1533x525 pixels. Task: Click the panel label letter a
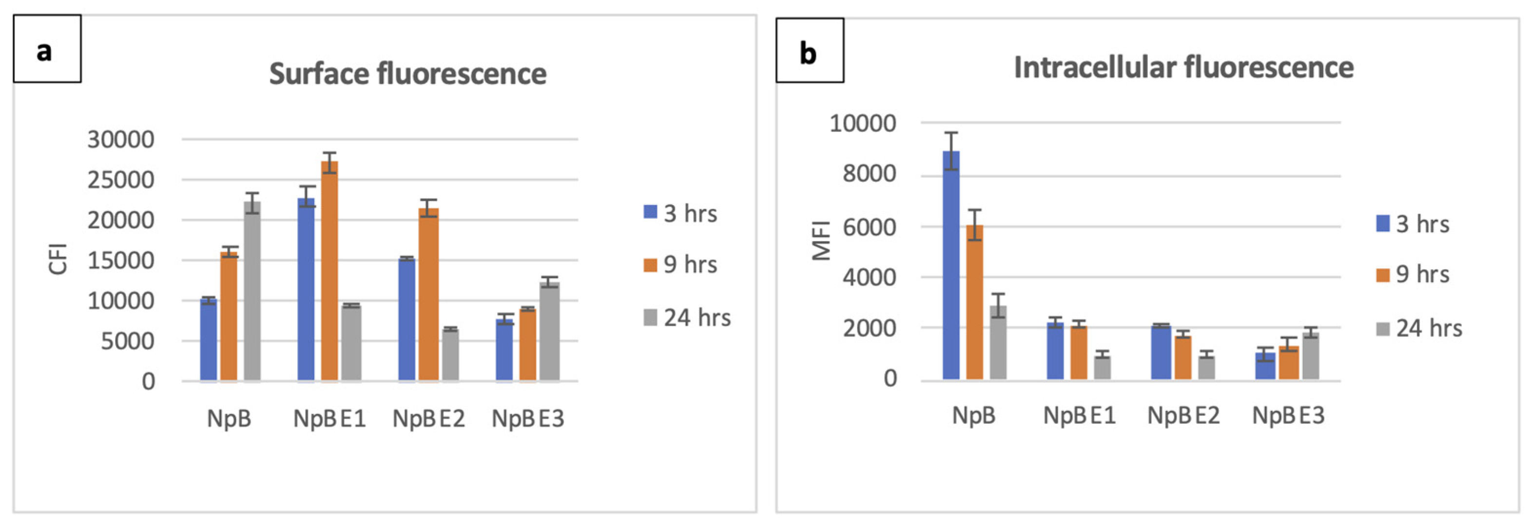(x=44, y=51)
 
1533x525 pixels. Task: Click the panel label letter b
(x=808, y=54)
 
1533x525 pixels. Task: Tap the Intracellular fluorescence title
(x=1183, y=67)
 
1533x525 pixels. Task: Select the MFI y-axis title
(x=821, y=241)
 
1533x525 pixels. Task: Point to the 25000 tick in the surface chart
(x=121, y=180)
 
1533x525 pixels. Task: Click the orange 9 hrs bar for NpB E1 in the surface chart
(x=329, y=270)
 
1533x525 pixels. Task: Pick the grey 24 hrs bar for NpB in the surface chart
(x=252, y=291)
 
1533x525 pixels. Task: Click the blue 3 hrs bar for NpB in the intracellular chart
(x=951, y=265)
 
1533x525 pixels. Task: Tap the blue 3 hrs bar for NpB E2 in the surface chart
(x=407, y=319)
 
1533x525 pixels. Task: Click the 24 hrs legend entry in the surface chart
(x=687, y=318)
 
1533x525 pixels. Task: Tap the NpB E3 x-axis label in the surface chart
(x=527, y=418)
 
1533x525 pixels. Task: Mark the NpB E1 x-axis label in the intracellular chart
(x=1079, y=415)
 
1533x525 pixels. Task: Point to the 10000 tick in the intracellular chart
(x=862, y=123)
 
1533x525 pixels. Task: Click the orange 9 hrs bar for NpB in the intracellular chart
(x=974, y=302)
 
